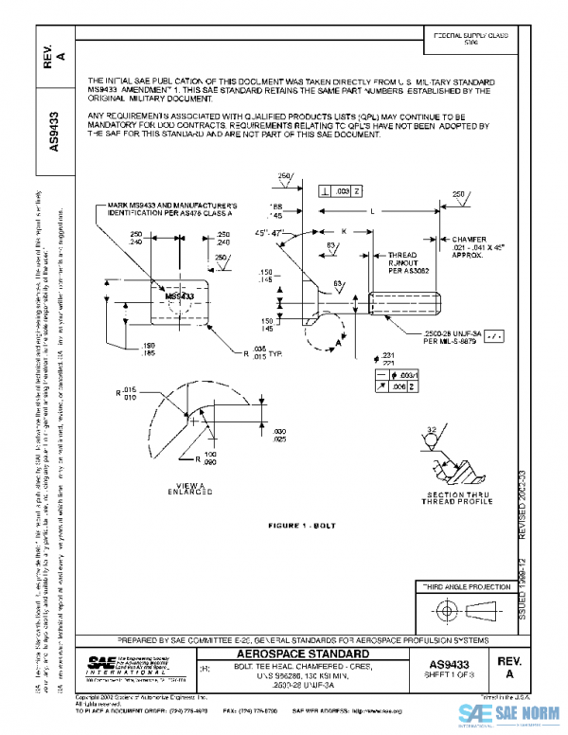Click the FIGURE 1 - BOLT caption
(x=302, y=523)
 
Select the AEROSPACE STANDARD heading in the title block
(x=302, y=654)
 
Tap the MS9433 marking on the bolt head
(x=180, y=296)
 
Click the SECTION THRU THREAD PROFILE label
(x=458, y=498)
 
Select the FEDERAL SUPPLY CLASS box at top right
(x=470, y=38)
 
